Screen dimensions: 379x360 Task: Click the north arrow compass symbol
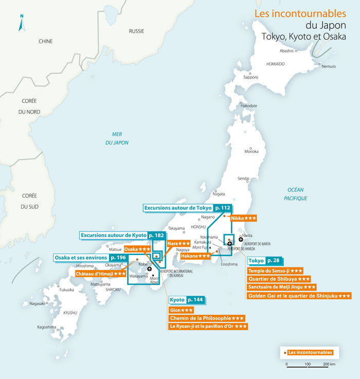pyautogui.click(x=21, y=23)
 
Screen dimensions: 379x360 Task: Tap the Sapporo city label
pyautogui.click(x=250, y=77)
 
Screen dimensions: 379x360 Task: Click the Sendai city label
pyautogui.click(x=243, y=178)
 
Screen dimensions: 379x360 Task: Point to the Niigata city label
pyautogui.click(x=219, y=194)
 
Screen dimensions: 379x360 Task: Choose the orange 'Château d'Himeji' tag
pyautogui.click(x=101, y=274)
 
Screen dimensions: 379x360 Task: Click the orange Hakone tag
pyautogui.click(x=195, y=256)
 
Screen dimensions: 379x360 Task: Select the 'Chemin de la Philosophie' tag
pyautogui.click(x=206, y=318)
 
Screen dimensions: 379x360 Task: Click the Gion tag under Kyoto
pyautogui.click(x=181, y=311)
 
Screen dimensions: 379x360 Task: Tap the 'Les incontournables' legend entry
pyautogui.click(x=307, y=353)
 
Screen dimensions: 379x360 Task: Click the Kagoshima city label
pyautogui.click(x=46, y=327)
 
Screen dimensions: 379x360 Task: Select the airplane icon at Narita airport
pyautogui.click(x=241, y=239)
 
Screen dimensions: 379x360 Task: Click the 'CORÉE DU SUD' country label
pyautogui.click(x=30, y=202)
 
